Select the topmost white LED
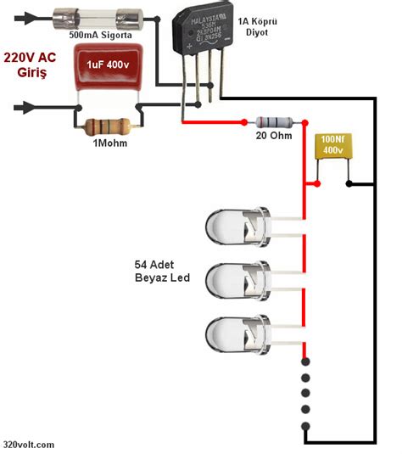click(x=237, y=227)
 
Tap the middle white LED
click(x=237, y=278)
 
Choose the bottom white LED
click(x=237, y=332)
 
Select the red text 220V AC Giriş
click(x=31, y=65)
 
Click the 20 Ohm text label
click(x=273, y=136)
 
